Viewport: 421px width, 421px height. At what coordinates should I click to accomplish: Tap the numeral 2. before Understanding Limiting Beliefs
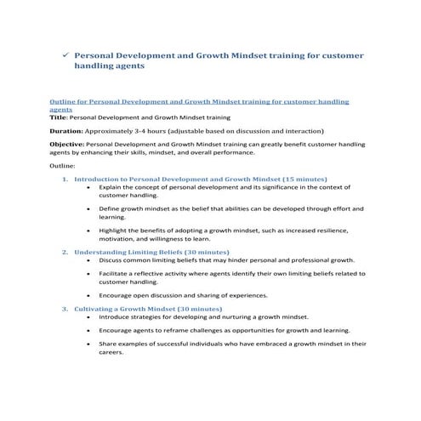pyautogui.click(x=66, y=253)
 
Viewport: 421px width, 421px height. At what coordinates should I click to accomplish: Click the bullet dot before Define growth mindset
pyautogui.click(x=89, y=208)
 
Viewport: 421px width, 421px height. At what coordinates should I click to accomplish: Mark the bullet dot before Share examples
pyautogui.click(x=89, y=344)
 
